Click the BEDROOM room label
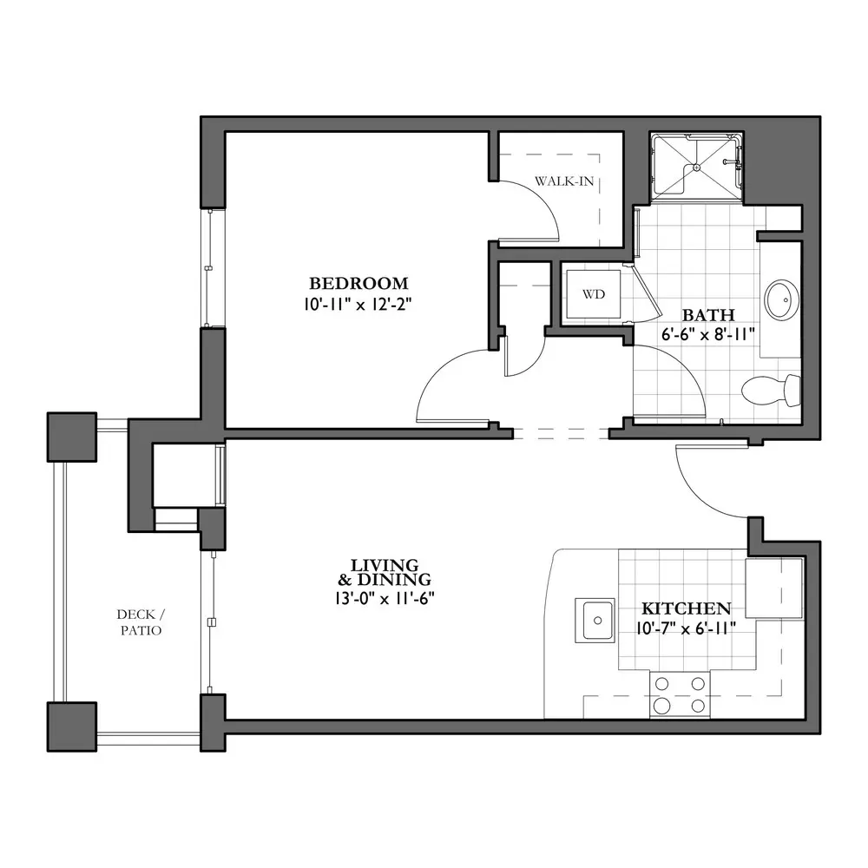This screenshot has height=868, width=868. (358, 284)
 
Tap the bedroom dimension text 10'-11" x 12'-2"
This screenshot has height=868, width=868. (358, 305)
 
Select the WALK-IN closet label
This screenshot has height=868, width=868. (564, 181)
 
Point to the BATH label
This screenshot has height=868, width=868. (708, 315)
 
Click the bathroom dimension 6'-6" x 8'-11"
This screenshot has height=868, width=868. (708, 335)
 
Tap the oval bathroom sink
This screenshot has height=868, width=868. (782, 299)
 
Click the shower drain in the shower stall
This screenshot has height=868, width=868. (697, 168)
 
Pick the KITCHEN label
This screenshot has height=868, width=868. (687, 609)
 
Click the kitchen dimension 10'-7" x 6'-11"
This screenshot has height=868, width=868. (687, 628)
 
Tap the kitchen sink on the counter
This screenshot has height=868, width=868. (595, 620)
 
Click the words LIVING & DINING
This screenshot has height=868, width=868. (385, 572)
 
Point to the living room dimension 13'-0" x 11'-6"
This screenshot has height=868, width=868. (385, 598)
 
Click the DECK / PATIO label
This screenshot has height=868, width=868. (141, 622)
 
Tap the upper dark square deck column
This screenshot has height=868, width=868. (72, 437)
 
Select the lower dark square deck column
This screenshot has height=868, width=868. (72, 727)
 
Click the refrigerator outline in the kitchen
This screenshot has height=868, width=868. (774, 588)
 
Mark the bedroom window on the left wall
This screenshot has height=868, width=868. (211, 268)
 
